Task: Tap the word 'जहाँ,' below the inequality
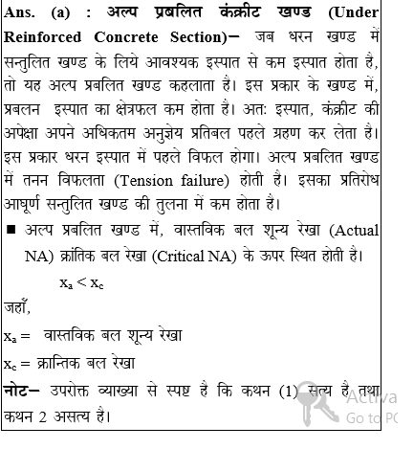(17, 308)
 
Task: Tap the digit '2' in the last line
(41, 416)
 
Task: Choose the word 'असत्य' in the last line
(71, 416)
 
